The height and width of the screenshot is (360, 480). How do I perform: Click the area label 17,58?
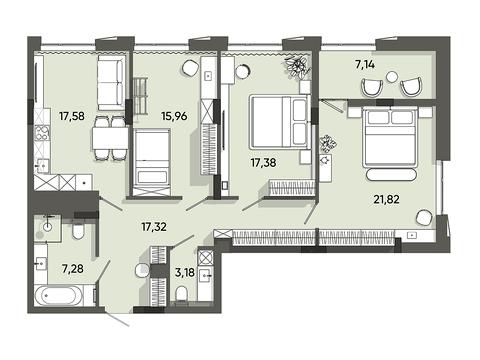[x=72, y=116]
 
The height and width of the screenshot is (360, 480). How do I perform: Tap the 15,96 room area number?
[x=174, y=116]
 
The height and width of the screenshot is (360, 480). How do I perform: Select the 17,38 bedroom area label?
[x=263, y=163]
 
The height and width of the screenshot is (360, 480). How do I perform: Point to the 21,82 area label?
[x=386, y=199]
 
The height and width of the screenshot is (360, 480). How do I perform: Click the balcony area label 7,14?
[x=365, y=64]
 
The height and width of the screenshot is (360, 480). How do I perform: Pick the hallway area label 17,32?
[x=154, y=227]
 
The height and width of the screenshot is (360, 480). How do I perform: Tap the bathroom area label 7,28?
[x=73, y=268]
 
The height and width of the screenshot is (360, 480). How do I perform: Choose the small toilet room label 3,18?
[x=185, y=272]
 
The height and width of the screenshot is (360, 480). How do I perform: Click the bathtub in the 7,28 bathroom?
[x=59, y=295]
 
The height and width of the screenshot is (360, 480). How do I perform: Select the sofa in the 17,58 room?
[x=111, y=82]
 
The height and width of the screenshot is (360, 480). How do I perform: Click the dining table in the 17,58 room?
[x=110, y=138]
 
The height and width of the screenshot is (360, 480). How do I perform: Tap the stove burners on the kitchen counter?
[x=42, y=133]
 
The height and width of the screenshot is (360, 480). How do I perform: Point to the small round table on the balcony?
[x=392, y=77]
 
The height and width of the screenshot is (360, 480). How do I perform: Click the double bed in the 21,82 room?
[x=390, y=137]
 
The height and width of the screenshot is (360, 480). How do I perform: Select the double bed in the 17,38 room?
[x=279, y=122]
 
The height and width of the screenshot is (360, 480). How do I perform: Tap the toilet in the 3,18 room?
[x=182, y=294]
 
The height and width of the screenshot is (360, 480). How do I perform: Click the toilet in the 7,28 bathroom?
[x=78, y=230]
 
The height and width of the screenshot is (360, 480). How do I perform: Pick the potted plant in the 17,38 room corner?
[x=297, y=67]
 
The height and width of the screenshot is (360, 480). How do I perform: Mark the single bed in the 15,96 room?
[x=152, y=162]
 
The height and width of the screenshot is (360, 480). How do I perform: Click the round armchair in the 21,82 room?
[x=424, y=217]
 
